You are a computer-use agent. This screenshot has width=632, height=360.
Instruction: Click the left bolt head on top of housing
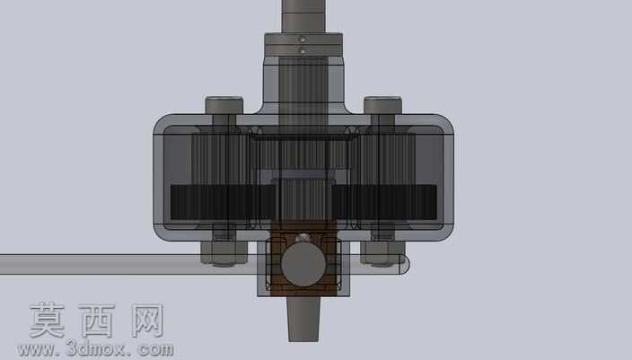coord(224,105)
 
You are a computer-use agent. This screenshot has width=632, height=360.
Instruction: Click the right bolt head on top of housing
coord(383,105)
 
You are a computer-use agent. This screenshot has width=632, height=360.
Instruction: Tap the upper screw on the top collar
coord(303,40)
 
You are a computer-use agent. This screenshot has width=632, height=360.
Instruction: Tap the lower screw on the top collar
coord(303,51)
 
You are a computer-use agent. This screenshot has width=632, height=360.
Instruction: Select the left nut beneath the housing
coord(224,253)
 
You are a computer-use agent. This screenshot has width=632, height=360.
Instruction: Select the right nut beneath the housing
coord(383,252)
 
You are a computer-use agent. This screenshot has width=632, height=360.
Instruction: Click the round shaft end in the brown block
coord(303,265)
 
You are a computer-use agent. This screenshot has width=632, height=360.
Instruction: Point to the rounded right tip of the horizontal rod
coord(405,265)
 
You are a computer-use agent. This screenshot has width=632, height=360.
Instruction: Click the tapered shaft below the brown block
coord(304,320)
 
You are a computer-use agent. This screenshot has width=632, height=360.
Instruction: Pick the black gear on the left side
coord(223,202)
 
